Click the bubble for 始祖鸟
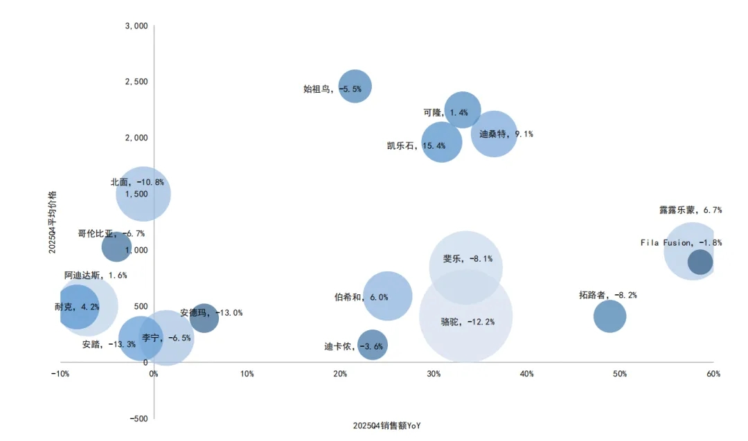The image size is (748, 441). [355, 87]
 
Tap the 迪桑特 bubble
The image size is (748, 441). [493, 134]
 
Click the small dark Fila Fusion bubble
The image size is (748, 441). [700, 262]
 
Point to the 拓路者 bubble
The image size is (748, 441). [609, 316]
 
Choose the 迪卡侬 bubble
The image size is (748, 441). [373, 345]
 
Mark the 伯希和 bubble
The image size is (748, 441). [388, 296]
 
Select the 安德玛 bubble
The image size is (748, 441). [204, 318]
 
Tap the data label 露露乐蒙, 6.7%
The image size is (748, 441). [691, 210]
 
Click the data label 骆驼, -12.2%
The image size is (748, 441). [467, 322]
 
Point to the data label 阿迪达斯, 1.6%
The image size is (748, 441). [96, 276]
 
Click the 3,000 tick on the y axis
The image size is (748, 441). [136, 26]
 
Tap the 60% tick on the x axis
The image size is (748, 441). [713, 374]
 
